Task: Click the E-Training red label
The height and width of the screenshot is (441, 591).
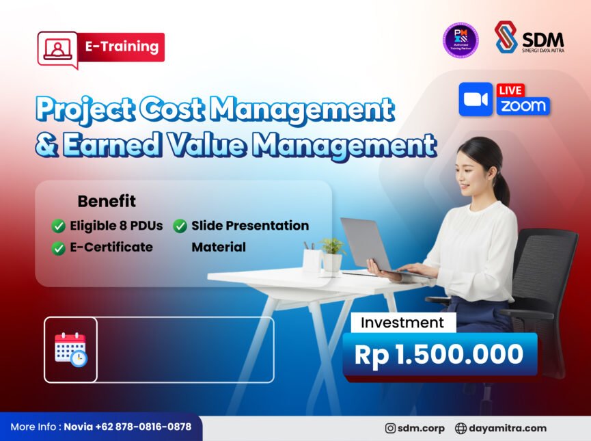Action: [x=121, y=47]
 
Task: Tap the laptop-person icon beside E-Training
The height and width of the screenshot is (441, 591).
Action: [x=57, y=49]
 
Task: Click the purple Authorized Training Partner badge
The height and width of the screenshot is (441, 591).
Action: [x=461, y=40]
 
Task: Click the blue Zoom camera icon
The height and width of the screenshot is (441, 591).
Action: [x=476, y=100]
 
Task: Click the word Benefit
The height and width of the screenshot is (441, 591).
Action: [x=107, y=202]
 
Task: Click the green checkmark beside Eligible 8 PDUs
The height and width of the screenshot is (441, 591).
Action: [x=59, y=226]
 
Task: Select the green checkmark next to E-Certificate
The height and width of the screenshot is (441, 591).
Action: [x=59, y=248]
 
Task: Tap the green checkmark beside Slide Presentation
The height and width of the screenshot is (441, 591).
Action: [x=180, y=226]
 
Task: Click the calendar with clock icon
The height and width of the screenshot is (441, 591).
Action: [x=70, y=349]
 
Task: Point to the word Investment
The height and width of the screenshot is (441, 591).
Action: [x=402, y=323]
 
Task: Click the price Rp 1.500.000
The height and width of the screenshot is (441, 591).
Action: [x=439, y=354]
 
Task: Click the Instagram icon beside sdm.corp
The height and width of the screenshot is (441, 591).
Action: [x=390, y=429]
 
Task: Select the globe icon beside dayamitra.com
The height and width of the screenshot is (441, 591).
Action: [x=461, y=429]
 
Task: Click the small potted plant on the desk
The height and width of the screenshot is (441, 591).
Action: [x=332, y=253]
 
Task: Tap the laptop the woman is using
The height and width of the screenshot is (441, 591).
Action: [x=367, y=244]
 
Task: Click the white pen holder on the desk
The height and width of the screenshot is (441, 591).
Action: [x=311, y=259]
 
